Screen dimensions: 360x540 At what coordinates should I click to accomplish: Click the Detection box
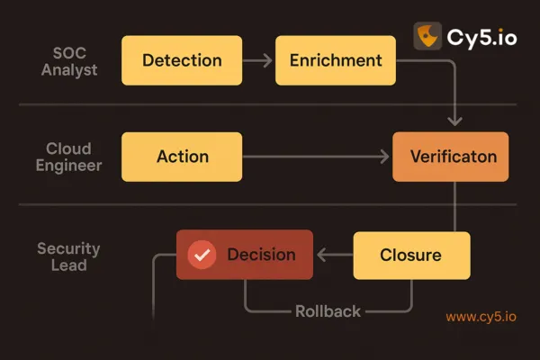click(x=181, y=61)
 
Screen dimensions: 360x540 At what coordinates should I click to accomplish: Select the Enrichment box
click(x=336, y=61)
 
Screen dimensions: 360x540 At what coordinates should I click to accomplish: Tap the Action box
click(x=182, y=157)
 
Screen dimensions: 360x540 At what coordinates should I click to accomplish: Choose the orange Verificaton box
click(x=451, y=157)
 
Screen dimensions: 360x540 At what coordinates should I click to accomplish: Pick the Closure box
click(x=411, y=255)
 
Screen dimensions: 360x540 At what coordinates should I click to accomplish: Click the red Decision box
click(x=244, y=255)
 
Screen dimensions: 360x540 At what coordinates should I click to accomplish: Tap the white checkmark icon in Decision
click(x=202, y=256)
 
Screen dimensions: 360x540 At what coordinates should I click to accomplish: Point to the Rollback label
click(x=328, y=311)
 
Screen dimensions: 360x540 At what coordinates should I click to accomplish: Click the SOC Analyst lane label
click(x=68, y=61)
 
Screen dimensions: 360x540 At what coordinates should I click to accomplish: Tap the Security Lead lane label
click(x=68, y=256)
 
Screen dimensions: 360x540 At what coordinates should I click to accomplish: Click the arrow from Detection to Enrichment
click(x=258, y=61)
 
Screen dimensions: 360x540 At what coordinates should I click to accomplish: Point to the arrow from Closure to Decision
click(x=333, y=255)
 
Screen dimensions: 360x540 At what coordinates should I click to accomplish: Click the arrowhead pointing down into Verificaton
click(x=454, y=121)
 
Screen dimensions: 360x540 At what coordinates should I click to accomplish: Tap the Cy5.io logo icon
click(x=427, y=36)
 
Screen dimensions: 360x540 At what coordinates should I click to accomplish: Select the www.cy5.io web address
click(x=481, y=317)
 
